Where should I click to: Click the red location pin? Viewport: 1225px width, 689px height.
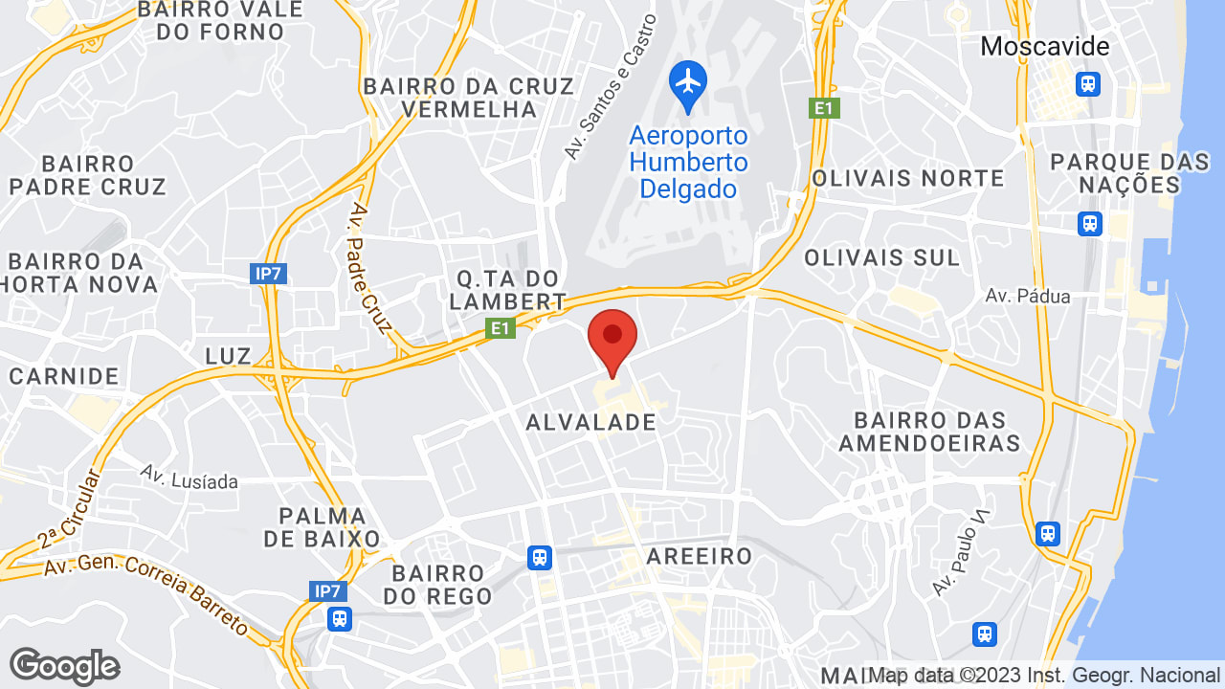(x=612, y=337)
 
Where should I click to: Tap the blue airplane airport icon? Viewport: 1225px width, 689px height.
(x=687, y=80)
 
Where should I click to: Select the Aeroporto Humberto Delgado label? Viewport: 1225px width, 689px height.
(x=688, y=162)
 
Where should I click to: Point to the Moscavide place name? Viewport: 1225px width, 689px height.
(x=1045, y=46)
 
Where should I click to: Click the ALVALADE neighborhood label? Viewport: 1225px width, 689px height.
(x=591, y=422)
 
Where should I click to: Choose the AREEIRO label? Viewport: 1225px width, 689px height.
(x=699, y=556)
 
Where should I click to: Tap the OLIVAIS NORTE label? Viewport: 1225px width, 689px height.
(x=907, y=178)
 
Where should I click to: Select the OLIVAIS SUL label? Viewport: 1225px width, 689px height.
(x=881, y=257)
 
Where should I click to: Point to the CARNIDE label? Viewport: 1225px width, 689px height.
(x=64, y=376)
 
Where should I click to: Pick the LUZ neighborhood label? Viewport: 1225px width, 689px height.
(x=228, y=356)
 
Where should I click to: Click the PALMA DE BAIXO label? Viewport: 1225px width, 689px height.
(x=322, y=527)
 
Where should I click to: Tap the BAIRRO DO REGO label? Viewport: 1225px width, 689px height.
(x=437, y=585)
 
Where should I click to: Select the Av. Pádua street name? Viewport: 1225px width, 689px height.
(x=1027, y=297)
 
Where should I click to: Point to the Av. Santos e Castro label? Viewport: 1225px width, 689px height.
(x=610, y=87)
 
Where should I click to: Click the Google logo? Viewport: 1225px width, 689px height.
(x=64, y=666)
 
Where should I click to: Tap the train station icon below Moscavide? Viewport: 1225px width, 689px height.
(x=1088, y=84)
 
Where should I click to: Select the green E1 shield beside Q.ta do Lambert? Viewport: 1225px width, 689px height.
(x=500, y=329)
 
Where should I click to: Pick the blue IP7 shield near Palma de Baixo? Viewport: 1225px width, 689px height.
(x=327, y=590)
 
